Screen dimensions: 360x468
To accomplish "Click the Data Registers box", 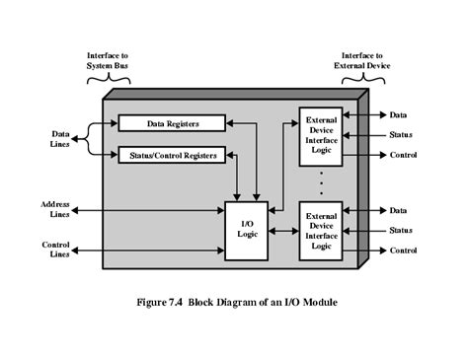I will pos(171,123).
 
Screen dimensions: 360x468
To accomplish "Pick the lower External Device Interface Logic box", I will pos(323,230).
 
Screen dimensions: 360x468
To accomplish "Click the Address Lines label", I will pos(56,209).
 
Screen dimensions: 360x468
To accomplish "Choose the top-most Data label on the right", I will pos(398,115).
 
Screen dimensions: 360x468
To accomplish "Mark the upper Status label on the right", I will pos(401,134).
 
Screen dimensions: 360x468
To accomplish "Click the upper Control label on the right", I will pos(403,155).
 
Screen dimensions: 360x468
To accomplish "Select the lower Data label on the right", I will pos(398,210).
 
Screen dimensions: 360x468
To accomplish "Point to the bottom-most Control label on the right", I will pos(403,251).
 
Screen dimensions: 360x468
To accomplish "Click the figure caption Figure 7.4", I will pos(234,302).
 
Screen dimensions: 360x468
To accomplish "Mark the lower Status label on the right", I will pos(401,230).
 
